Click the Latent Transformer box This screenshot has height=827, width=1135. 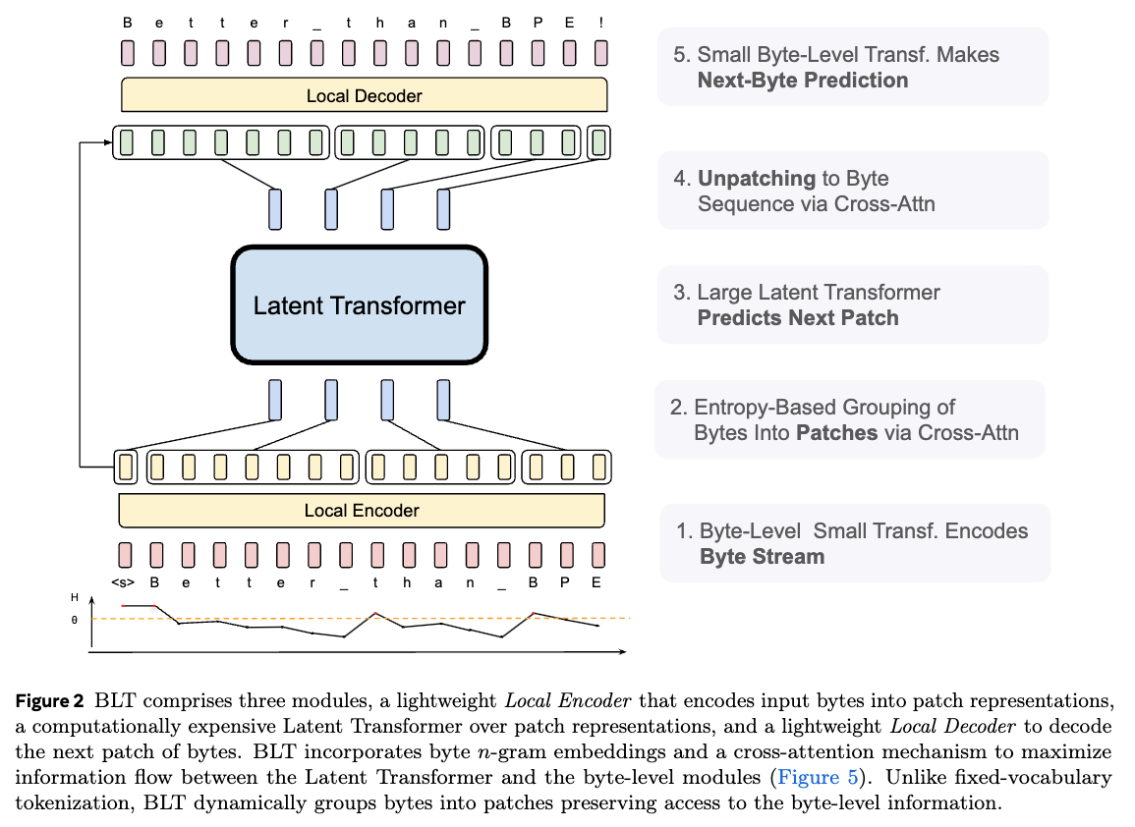tap(359, 304)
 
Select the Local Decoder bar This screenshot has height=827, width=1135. tap(365, 95)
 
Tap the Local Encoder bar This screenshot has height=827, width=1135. tap(362, 510)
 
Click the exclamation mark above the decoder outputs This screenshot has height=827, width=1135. tap(600, 24)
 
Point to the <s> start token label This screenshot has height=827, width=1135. tap(123, 582)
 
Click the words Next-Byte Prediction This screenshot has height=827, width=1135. tap(803, 81)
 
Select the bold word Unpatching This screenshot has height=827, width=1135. tap(757, 179)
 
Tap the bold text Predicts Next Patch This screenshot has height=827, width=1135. tap(798, 317)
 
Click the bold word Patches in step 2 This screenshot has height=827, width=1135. tap(837, 433)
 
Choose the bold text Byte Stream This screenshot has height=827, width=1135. tap(763, 556)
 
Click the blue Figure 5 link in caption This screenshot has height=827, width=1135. tap(818, 777)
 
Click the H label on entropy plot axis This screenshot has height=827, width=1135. tap(75, 597)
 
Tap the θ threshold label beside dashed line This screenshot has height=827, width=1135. tap(75, 620)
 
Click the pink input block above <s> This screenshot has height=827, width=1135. tap(125, 555)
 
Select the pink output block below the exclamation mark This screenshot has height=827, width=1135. tap(600, 53)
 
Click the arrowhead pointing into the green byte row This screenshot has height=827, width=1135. tap(107, 142)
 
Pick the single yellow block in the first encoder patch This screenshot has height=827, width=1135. tap(126, 467)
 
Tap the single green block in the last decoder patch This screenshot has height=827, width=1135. tap(598, 142)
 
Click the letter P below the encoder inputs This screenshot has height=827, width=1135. tap(565, 582)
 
